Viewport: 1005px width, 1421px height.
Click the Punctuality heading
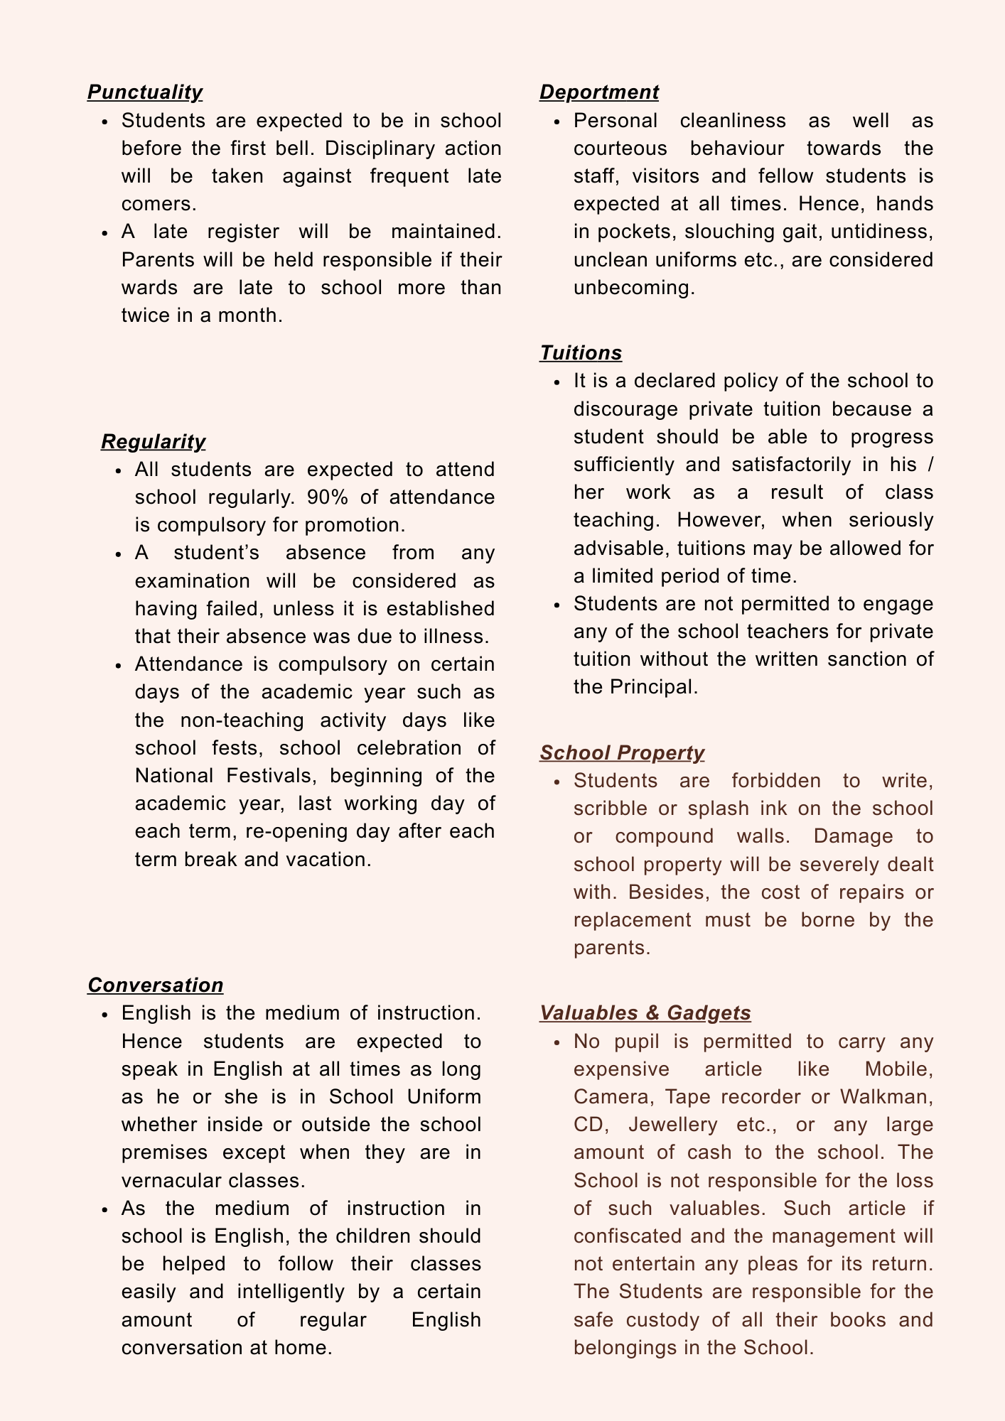pyautogui.click(x=145, y=92)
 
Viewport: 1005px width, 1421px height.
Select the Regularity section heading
pyautogui.click(x=154, y=442)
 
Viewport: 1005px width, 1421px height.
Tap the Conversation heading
pyautogui.click(x=156, y=985)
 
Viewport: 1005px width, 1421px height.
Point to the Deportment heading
pyautogui.click(x=599, y=92)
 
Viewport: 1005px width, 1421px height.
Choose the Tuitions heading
pyautogui.click(x=581, y=353)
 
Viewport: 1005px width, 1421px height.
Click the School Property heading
pyautogui.click(x=622, y=753)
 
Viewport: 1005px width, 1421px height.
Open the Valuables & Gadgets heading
pyautogui.click(x=645, y=1013)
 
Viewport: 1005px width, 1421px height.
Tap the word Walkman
pyautogui.click(x=886, y=1097)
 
